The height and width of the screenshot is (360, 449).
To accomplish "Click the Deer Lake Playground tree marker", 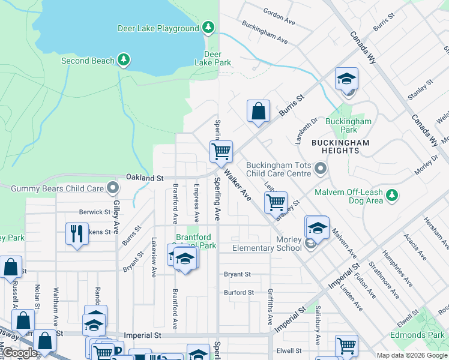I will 208,28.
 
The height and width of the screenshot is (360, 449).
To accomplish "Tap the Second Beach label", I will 88,61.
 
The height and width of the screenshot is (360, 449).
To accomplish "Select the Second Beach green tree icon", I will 123,59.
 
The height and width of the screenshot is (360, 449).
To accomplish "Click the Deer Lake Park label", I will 212,58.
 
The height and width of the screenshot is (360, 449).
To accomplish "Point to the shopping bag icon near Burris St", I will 258,111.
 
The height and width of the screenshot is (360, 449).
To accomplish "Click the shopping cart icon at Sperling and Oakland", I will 221,151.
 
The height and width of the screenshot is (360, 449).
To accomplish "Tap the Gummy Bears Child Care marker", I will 112,188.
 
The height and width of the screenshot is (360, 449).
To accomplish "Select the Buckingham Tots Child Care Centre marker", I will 321,169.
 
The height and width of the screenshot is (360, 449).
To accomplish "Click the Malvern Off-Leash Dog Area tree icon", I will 392,195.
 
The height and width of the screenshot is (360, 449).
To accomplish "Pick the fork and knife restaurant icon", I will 77,233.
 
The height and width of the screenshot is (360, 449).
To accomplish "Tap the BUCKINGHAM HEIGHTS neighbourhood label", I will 340,146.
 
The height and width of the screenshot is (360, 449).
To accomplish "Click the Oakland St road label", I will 145,178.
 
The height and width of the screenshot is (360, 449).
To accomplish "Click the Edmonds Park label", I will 423,334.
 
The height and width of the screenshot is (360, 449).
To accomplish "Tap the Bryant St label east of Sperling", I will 237,274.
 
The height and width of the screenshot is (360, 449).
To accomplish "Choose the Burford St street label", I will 238,293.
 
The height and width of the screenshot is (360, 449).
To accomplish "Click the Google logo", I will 20,353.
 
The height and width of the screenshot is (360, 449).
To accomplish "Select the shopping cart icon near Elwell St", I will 346,344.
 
